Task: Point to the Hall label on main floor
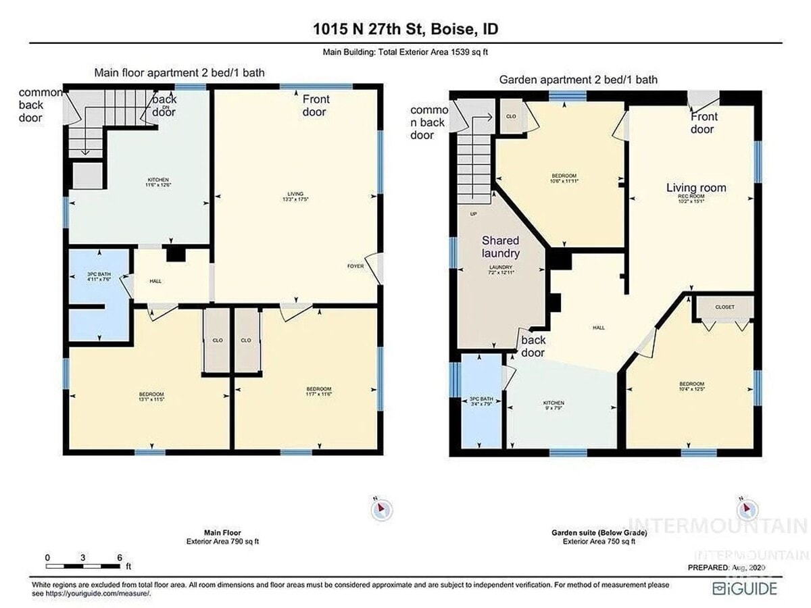[x=156, y=281]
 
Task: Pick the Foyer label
[x=355, y=266]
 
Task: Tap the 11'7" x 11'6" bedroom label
[x=318, y=391]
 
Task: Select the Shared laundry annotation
[x=501, y=247]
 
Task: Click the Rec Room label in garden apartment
[x=696, y=198]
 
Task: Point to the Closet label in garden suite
[x=724, y=307]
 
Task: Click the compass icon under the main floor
[x=381, y=508]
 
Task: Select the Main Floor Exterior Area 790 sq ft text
[x=222, y=537]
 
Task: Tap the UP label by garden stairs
[x=472, y=214]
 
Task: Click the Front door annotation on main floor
[x=315, y=105]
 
